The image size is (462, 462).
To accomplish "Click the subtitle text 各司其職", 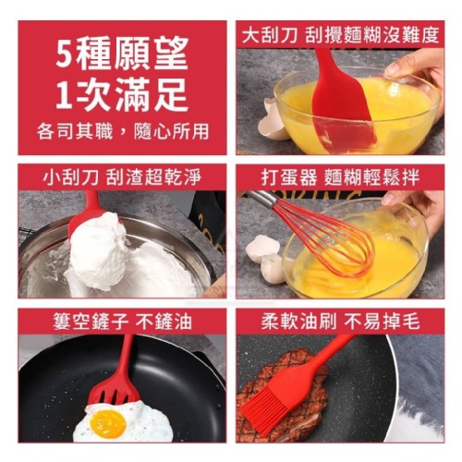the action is (75, 131).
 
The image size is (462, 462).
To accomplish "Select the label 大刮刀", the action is (269, 35).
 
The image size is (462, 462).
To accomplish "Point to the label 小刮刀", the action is (71, 177).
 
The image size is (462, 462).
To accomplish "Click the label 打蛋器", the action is (289, 177).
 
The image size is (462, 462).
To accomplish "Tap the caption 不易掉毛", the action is (383, 322).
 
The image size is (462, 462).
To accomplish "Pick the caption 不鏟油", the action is (164, 322).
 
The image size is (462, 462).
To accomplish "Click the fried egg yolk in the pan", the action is (108, 424).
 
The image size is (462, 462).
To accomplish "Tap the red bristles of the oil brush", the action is (265, 406).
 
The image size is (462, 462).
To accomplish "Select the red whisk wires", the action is (326, 238).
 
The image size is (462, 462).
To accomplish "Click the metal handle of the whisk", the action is (261, 197).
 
